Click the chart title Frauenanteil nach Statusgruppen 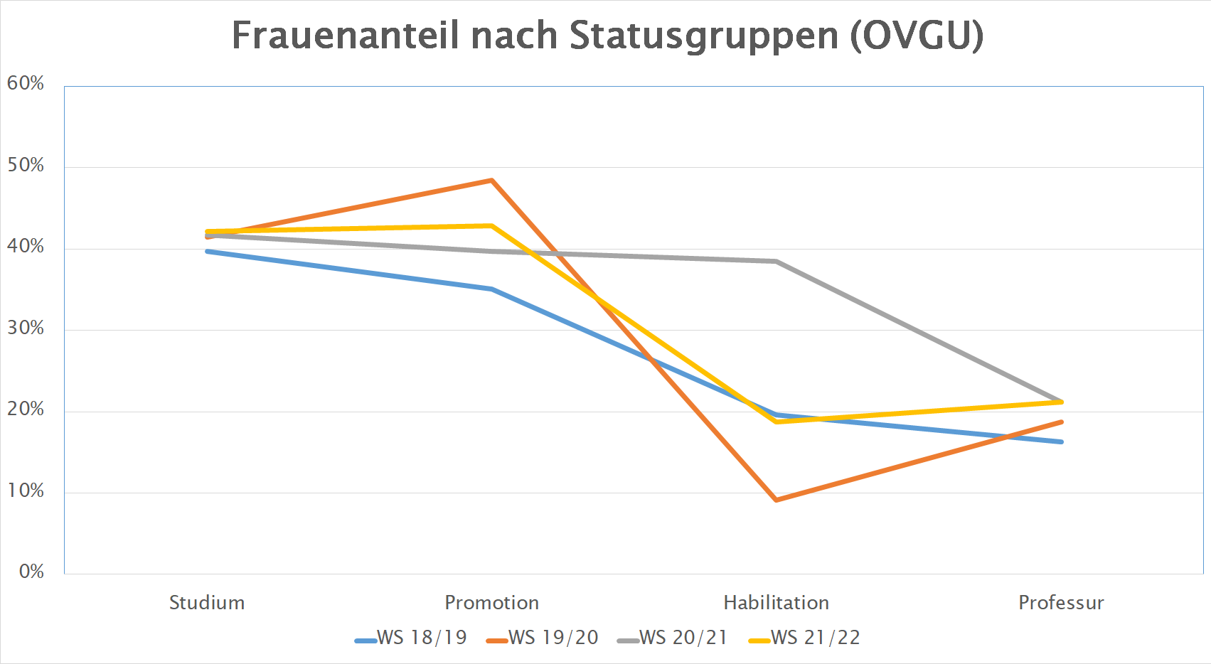607,36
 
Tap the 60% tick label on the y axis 26,84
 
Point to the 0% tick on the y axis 31,572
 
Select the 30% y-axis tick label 26,328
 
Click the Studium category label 207,603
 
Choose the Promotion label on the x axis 491,603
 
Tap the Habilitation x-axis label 776,603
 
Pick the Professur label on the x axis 1061,603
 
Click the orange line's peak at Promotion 491,181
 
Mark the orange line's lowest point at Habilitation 776,500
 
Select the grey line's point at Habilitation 776,262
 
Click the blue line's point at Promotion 491,289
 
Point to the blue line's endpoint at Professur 1061,441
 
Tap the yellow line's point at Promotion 491,226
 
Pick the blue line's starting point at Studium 207,252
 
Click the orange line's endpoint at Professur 1061,422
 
